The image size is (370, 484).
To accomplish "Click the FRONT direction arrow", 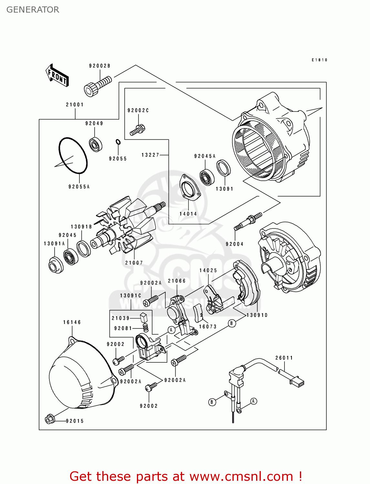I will coord(57,75).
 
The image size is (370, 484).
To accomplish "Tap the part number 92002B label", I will coord(99,66).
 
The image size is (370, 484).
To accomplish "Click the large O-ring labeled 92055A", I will coord(73,155).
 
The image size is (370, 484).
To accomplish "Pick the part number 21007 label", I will coord(134,263).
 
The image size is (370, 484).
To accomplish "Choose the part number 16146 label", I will coord(72,322).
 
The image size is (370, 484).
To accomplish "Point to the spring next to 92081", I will coord(146,328).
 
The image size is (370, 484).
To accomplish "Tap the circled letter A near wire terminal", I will coord(254,401).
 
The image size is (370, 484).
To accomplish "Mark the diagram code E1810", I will coord(319,60).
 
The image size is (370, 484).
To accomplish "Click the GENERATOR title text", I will coord(33,10).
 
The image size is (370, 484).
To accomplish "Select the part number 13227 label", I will coord(150,155).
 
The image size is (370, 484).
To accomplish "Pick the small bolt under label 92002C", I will coord(138,130).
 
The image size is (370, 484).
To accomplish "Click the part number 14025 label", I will coord(208,270).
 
